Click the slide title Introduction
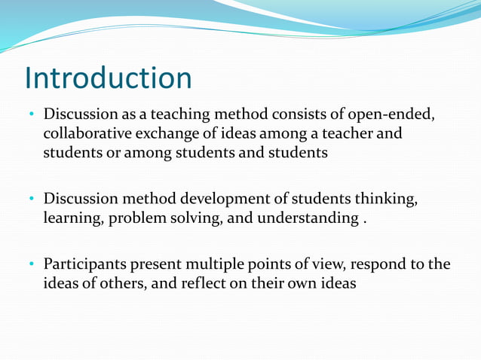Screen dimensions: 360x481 108,78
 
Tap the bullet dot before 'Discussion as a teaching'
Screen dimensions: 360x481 32,116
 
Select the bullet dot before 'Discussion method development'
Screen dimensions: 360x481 32,200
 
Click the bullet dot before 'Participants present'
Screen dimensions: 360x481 32,266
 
